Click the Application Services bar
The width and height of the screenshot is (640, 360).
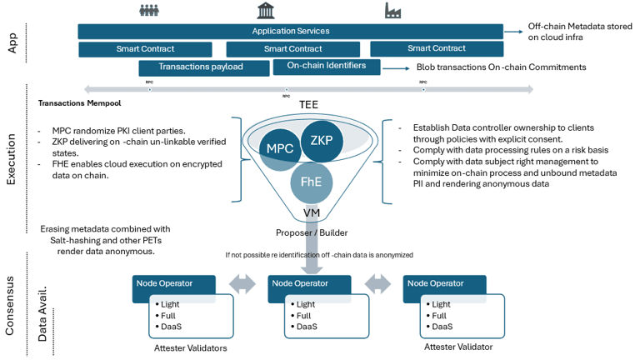290,31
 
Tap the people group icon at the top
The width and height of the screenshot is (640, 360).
149,11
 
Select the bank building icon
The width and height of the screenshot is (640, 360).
267,11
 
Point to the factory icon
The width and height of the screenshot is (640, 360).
392,11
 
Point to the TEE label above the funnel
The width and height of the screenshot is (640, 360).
308,104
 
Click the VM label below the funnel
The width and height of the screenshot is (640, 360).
311,213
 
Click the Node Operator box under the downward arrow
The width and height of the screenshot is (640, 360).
311,283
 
